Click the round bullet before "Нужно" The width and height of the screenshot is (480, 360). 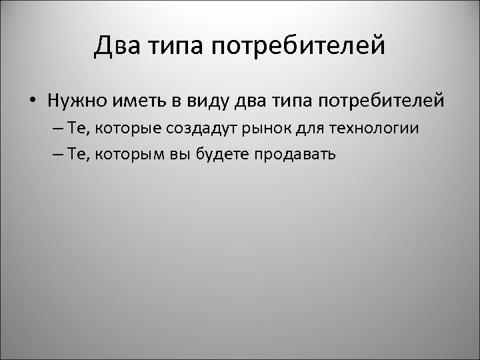(x=32, y=101)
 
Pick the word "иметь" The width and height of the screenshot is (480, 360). (x=131, y=101)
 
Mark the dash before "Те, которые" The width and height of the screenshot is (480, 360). (x=55, y=129)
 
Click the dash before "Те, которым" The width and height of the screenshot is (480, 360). (x=55, y=154)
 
